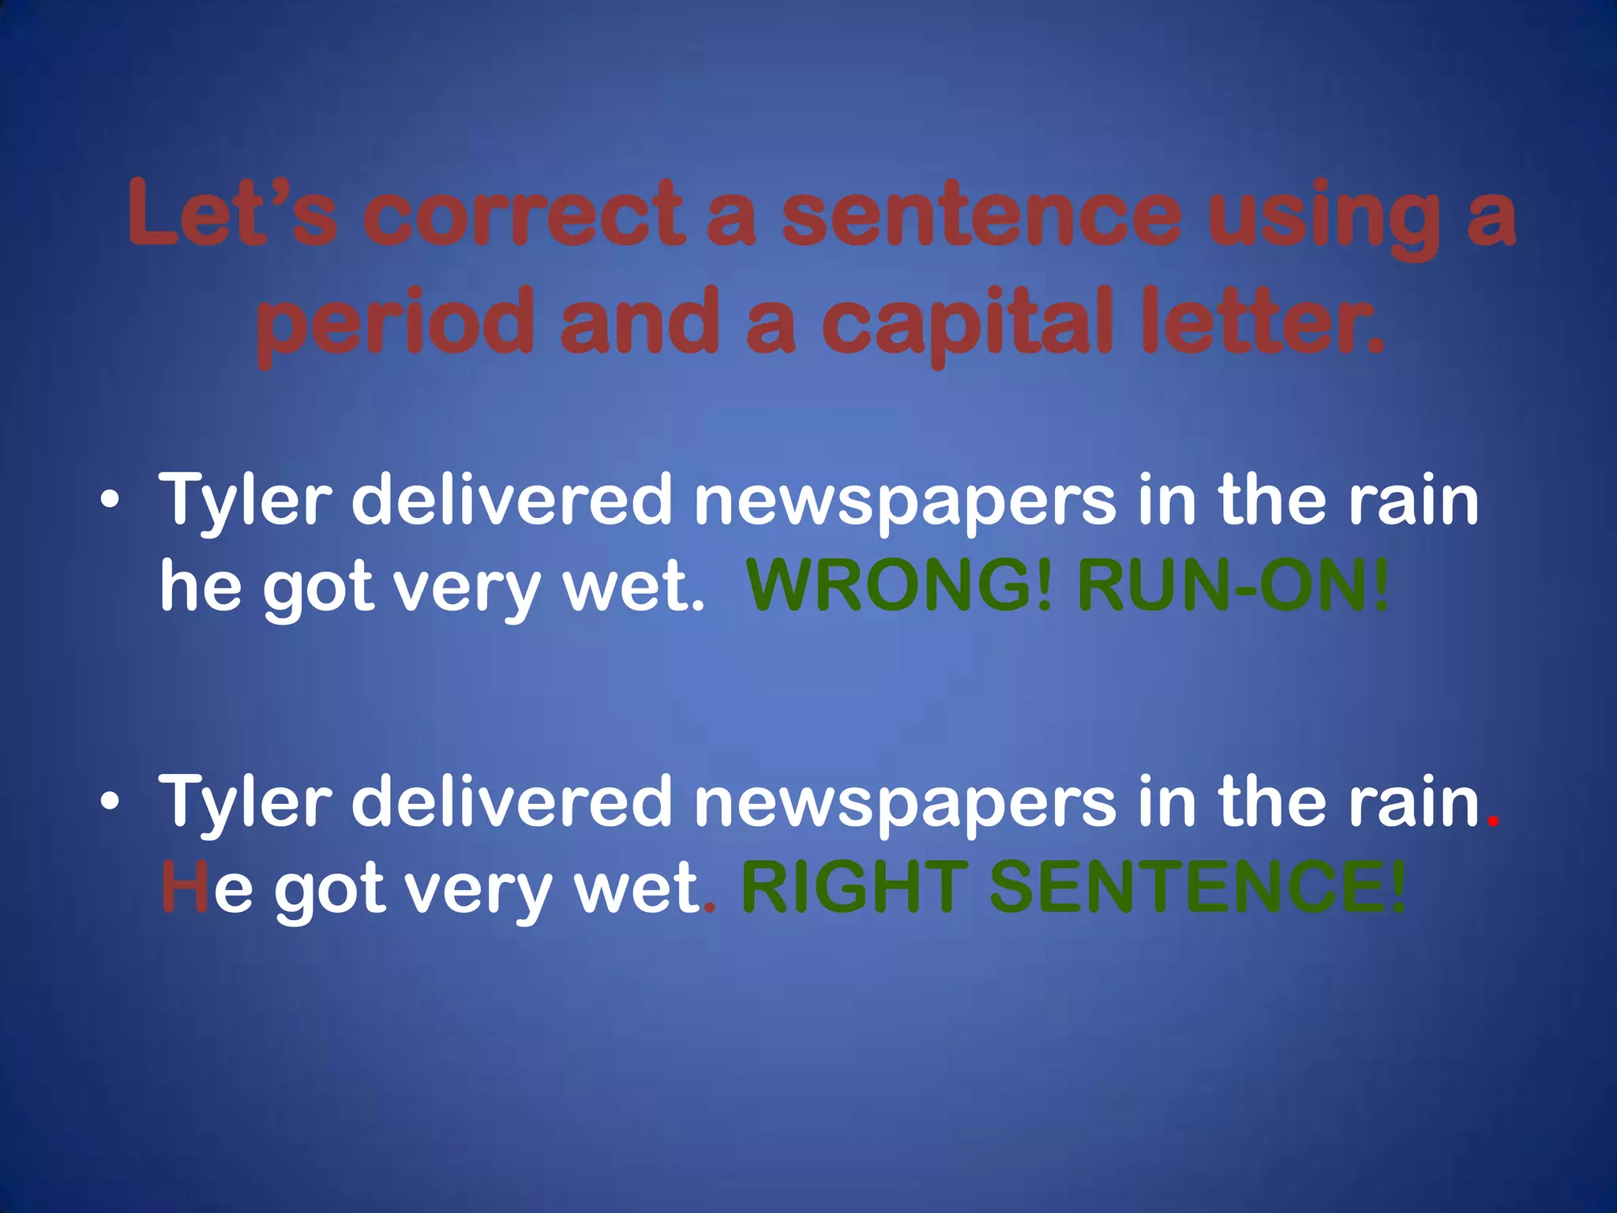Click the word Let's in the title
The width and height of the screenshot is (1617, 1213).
pos(234,212)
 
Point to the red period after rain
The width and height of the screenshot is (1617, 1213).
pos(1491,821)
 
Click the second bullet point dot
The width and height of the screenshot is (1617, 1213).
pos(111,802)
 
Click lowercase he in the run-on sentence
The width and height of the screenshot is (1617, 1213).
pos(201,586)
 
